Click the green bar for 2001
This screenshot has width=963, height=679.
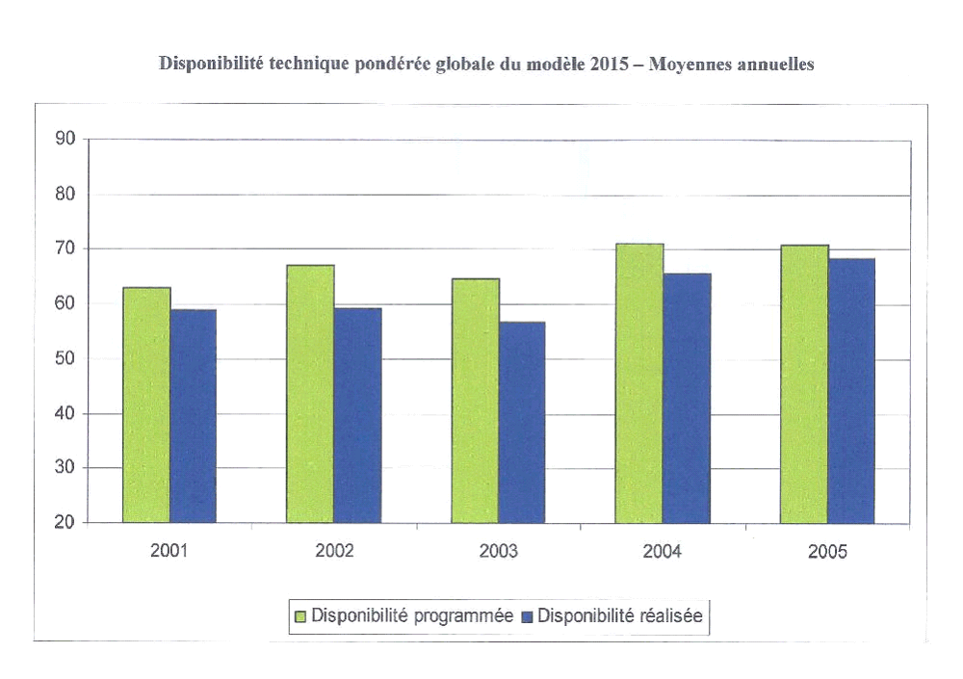point(146,405)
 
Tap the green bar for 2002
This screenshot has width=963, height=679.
point(310,394)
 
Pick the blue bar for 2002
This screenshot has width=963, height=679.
point(357,415)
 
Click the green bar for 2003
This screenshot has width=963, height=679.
point(476,401)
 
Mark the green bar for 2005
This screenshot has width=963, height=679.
point(804,384)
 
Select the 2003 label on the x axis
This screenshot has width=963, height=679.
point(498,552)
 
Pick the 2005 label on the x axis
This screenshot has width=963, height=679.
point(827,552)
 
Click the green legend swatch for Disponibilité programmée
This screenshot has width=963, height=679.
point(299,616)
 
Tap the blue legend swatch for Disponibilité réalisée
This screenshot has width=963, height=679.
point(527,616)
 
